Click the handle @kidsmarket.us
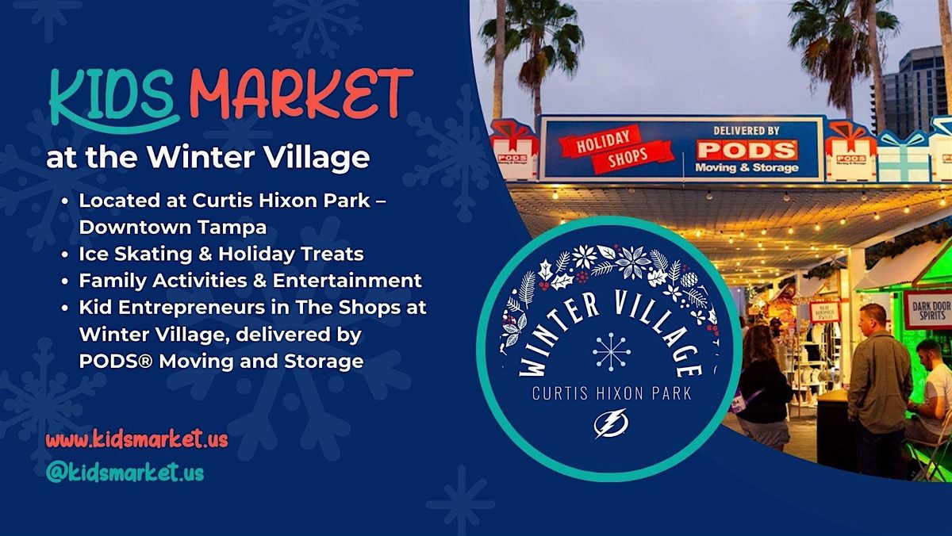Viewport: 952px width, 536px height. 125,473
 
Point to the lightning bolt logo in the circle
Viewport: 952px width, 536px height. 610,423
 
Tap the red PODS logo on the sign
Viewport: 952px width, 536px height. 746,150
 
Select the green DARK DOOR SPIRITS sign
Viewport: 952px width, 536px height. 927,308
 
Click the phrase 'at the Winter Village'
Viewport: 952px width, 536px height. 208,157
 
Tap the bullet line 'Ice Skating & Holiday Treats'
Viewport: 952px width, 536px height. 221,254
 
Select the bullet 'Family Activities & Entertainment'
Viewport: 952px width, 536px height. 250,280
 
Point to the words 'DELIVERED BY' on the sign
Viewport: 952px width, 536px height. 746,129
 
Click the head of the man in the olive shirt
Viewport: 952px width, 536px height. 873,316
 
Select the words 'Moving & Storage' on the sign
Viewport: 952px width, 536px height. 746,168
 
